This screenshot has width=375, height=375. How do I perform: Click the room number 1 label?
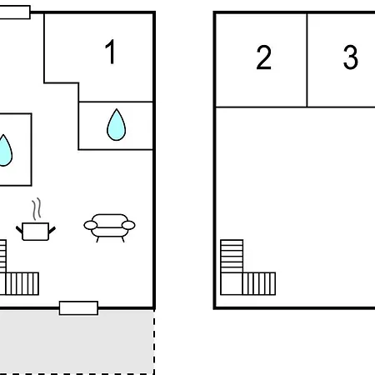click(x=111, y=52)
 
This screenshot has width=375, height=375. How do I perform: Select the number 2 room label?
click(x=263, y=57)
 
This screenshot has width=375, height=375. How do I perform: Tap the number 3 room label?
click(x=351, y=57)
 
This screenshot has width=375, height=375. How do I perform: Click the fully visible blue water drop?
click(x=117, y=124)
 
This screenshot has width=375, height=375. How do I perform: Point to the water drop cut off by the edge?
click(x=5, y=151)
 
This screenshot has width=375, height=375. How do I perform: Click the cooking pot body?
click(x=36, y=232)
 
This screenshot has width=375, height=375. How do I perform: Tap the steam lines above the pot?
click(x=37, y=209)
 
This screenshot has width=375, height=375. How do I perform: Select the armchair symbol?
click(x=109, y=227)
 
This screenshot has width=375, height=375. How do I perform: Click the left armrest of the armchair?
click(x=91, y=225)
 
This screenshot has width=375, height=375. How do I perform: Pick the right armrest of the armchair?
click(x=128, y=225)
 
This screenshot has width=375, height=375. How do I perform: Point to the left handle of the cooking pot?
click(x=19, y=230)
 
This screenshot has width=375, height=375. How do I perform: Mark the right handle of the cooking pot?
click(x=52, y=230)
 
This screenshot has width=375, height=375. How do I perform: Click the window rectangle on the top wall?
click(x=15, y=12)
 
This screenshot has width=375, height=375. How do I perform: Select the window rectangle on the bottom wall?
click(x=78, y=308)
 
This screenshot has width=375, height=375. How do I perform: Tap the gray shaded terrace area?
click(x=77, y=342)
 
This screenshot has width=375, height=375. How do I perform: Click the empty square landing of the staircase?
click(x=232, y=283)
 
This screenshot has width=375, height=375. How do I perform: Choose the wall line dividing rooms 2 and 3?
click(x=307, y=60)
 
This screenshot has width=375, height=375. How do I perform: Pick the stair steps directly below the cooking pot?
click(x=22, y=283)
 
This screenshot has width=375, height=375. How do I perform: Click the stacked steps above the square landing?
click(x=232, y=256)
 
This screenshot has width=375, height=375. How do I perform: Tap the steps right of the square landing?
click(x=259, y=283)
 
